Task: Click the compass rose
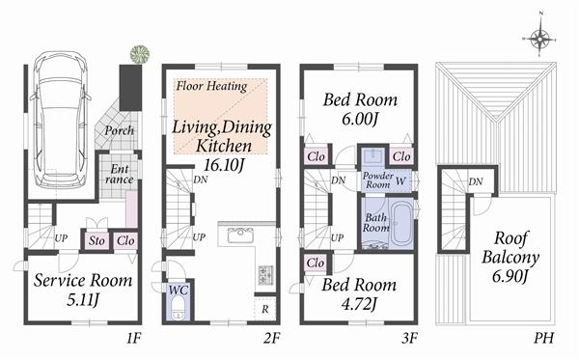(x=541, y=40)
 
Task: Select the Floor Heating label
(x=210, y=86)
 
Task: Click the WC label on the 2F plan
(x=176, y=290)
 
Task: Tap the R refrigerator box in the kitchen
(x=266, y=310)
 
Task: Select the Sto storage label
(x=96, y=240)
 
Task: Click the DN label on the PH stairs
(x=476, y=180)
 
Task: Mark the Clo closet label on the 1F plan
(x=124, y=240)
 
